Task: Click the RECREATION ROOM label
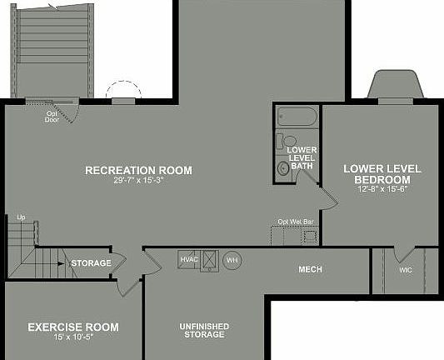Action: click(138, 170)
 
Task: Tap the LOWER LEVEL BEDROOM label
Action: click(382, 174)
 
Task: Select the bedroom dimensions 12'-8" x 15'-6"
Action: click(382, 190)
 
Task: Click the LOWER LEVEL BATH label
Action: click(301, 157)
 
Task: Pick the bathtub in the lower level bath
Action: click(296, 117)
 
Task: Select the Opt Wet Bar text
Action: click(296, 222)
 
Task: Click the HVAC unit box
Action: click(188, 259)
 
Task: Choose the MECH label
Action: click(310, 270)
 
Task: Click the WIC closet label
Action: click(406, 270)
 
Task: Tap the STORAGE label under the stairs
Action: click(91, 263)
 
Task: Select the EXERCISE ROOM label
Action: click(73, 327)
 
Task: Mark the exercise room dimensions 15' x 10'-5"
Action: click(73, 338)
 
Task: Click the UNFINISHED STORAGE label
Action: click(204, 330)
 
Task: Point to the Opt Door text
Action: click(52, 117)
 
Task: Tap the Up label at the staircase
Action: click(21, 217)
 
